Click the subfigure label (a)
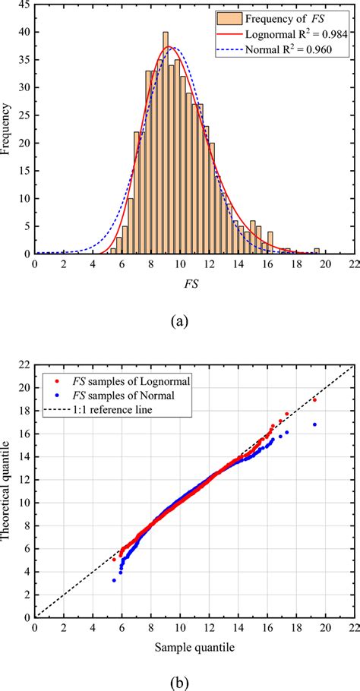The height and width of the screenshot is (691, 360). click(179, 321)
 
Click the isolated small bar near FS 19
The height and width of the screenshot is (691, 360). click(317, 251)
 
